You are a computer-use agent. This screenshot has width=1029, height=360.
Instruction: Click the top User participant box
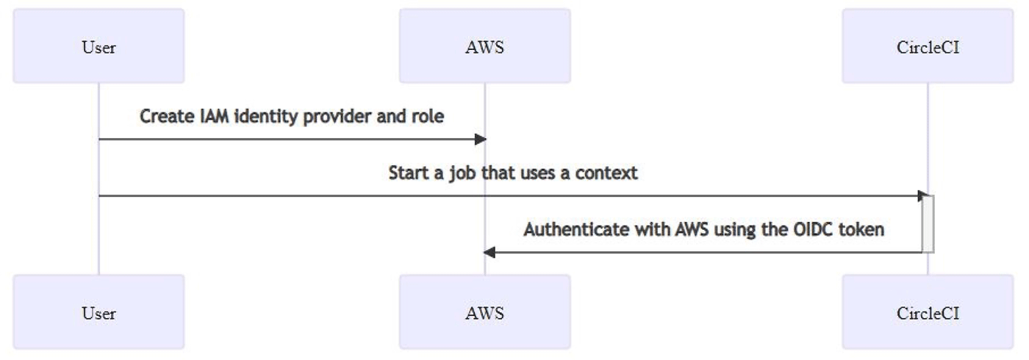[x=98, y=46]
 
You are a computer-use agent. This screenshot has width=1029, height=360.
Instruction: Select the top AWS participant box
[x=484, y=46]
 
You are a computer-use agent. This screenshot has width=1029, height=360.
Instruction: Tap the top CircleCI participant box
[x=928, y=46]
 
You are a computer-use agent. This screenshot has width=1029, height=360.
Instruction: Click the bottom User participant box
[x=98, y=312]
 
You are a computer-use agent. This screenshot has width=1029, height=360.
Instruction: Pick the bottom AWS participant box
[x=484, y=312]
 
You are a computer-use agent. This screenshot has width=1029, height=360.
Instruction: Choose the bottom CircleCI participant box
[x=928, y=312]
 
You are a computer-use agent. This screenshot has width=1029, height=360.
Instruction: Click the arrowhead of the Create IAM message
[x=481, y=139]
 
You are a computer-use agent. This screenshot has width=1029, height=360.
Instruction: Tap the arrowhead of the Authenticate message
[x=489, y=252]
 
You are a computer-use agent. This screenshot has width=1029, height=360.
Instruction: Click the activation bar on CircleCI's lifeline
[x=928, y=224]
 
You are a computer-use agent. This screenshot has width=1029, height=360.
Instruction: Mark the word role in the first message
[x=429, y=117]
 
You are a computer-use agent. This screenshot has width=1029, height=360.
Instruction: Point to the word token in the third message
[x=863, y=230]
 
